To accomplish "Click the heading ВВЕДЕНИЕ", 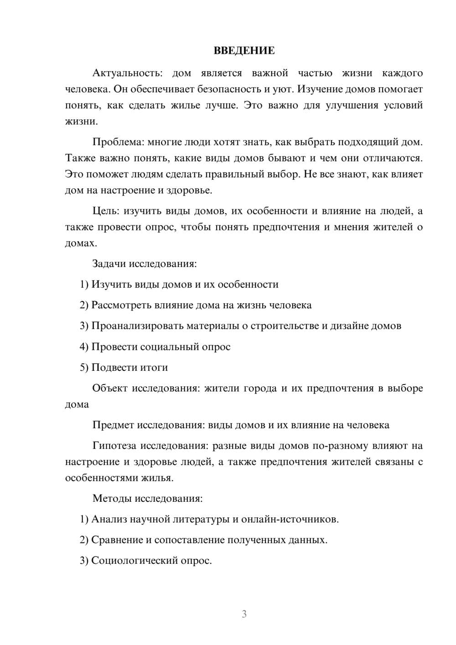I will pos(244,51).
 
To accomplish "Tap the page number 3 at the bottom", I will pos(244,614).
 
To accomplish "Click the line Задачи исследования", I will pos(145,264).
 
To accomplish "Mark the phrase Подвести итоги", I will pos(130,367).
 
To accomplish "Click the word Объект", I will pos(110,388).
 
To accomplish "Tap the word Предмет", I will pos(113,425).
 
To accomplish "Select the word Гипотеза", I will pos(114,446).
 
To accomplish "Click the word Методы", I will pos(112,498).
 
